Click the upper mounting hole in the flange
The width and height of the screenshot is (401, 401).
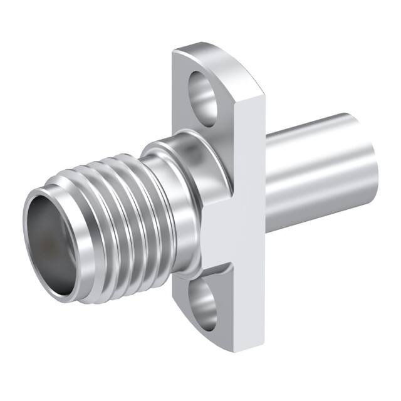[203, 94]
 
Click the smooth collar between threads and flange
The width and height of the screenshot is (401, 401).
[166, 188]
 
